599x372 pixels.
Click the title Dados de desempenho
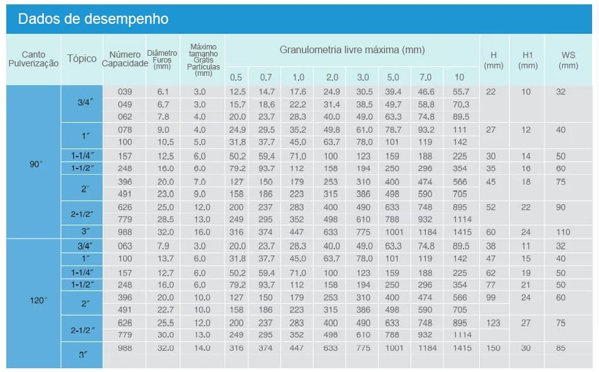coord(93,19)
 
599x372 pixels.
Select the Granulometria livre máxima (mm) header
coord(352,49)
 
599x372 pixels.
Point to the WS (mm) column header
coord(568,59)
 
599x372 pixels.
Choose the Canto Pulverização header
coord(33,59)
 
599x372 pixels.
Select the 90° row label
coord(36,165)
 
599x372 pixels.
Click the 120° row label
coord(38,301)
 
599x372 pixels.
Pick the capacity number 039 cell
coord(125,91)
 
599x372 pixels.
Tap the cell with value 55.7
coord(460,91)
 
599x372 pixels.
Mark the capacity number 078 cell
coord(125,130)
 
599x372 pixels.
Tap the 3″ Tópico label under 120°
coord(82,354)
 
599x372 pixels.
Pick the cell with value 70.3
coord(460,104)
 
